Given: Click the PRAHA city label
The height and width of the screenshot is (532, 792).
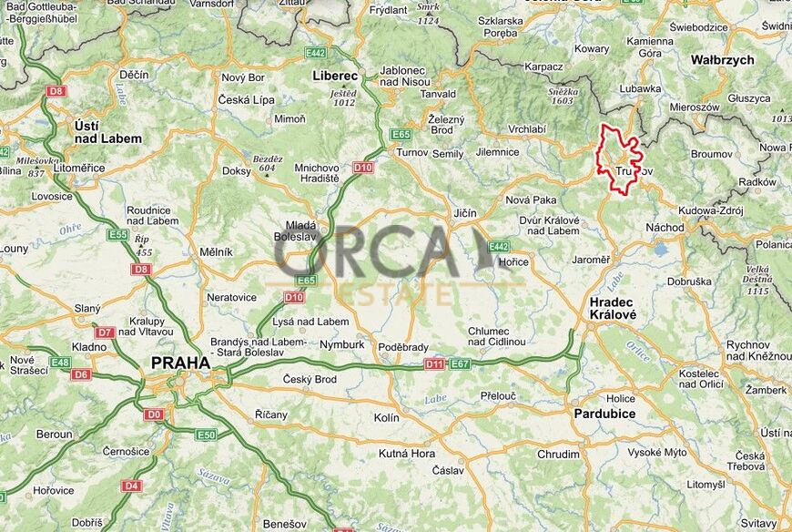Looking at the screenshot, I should [x=180, y=363].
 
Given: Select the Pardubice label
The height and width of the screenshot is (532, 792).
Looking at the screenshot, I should [x=604, y=414].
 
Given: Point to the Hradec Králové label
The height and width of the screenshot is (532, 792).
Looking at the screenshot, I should [x=613, y=308].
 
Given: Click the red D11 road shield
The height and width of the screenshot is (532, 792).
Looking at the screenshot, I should [x=435, y=364].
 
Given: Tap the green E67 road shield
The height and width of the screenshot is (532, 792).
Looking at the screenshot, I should [x=460, y=364].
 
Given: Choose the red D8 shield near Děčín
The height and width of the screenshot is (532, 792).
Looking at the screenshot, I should [x=57, y=91].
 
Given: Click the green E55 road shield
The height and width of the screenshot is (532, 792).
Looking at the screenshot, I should [x=117, y=235].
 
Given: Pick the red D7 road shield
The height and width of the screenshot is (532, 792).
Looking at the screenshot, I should [x=105, y=332].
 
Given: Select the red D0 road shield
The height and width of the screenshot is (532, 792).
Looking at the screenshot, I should [x=154, y=414].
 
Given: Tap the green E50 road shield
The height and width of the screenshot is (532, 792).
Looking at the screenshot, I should [x=207, y=435].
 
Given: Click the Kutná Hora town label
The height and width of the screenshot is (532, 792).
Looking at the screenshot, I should [x=407, y=454].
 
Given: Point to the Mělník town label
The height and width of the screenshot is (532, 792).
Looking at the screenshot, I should [x=216, y=251].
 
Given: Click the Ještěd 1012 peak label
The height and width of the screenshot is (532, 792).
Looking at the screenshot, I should [x=343, y=97].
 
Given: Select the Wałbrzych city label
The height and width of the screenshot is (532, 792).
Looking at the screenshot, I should [x=722, y=60].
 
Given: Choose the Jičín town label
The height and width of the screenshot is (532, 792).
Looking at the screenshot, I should [x=464, y=213].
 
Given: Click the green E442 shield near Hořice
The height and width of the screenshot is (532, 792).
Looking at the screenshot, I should [x=498, y=246].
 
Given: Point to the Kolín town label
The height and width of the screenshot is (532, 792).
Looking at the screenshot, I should [x=387, y=417].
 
